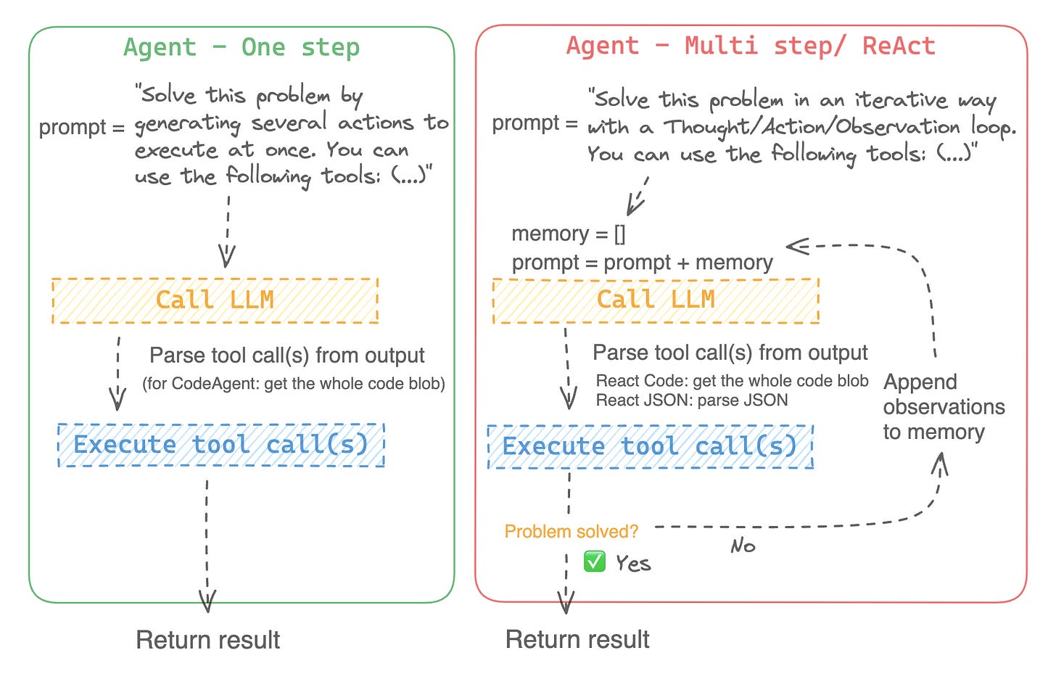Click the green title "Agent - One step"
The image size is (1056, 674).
click(241, 48)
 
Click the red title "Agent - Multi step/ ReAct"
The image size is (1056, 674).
click(751, 46)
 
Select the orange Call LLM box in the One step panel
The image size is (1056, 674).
click(215, 300)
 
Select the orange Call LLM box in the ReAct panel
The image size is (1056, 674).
click(656, 300)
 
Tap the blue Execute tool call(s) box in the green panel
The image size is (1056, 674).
click(220, 445)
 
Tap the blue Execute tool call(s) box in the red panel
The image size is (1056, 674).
click(650, 446)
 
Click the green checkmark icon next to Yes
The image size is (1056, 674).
click(595, 562)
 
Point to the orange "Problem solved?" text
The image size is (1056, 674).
click(571, 532)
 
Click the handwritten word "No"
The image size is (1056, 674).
click(743, 546)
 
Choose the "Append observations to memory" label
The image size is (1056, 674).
click(943, 407)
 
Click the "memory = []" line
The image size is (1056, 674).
click(568, 234)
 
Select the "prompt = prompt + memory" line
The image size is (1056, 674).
click(642, 263)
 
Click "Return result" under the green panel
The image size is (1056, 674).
click(207, 640)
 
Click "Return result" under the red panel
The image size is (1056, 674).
click(577, 639)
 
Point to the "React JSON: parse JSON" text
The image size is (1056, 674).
click(691, 400)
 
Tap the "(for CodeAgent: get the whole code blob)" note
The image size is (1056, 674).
click(293, 384)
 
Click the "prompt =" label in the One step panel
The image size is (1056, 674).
click(82, 127)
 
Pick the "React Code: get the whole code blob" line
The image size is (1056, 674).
click(732, 381)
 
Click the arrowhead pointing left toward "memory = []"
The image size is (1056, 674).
click(796, 246)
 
